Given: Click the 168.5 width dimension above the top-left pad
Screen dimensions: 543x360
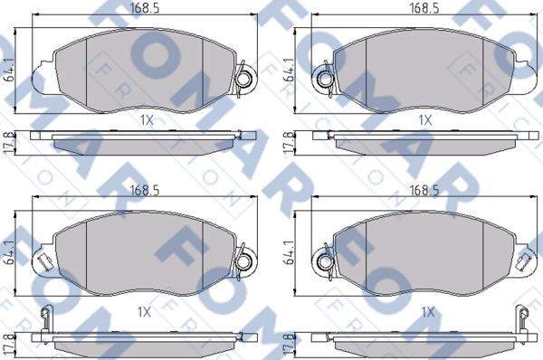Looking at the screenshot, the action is point(145,8).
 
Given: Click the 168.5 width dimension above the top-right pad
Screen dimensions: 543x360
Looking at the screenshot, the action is point(424,8).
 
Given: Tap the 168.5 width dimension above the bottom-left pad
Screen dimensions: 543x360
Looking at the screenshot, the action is point(145,190).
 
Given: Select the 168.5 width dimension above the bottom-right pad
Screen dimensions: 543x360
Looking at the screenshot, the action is point(424,190).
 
